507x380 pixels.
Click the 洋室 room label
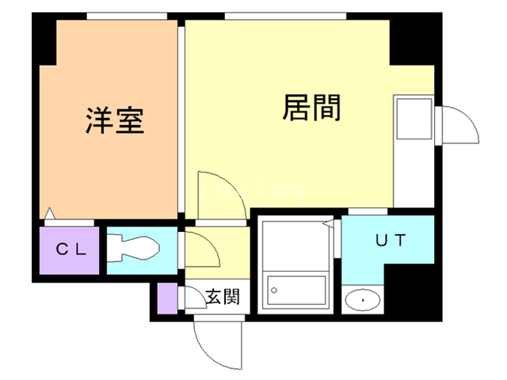click(x=115, y=121)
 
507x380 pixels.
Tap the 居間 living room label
click(x=311, y=108)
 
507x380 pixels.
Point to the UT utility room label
click(x=390, y=241)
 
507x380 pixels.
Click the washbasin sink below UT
click(x=364, y=300)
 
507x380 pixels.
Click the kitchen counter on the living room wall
click(x=412, y=150)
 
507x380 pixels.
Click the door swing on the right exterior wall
click(x=457, y=126)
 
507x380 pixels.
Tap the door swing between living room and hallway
click(x=215, y=197)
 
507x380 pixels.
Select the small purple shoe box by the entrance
click(x=167, y=298)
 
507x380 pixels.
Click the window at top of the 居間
click(x=285, y=16)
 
